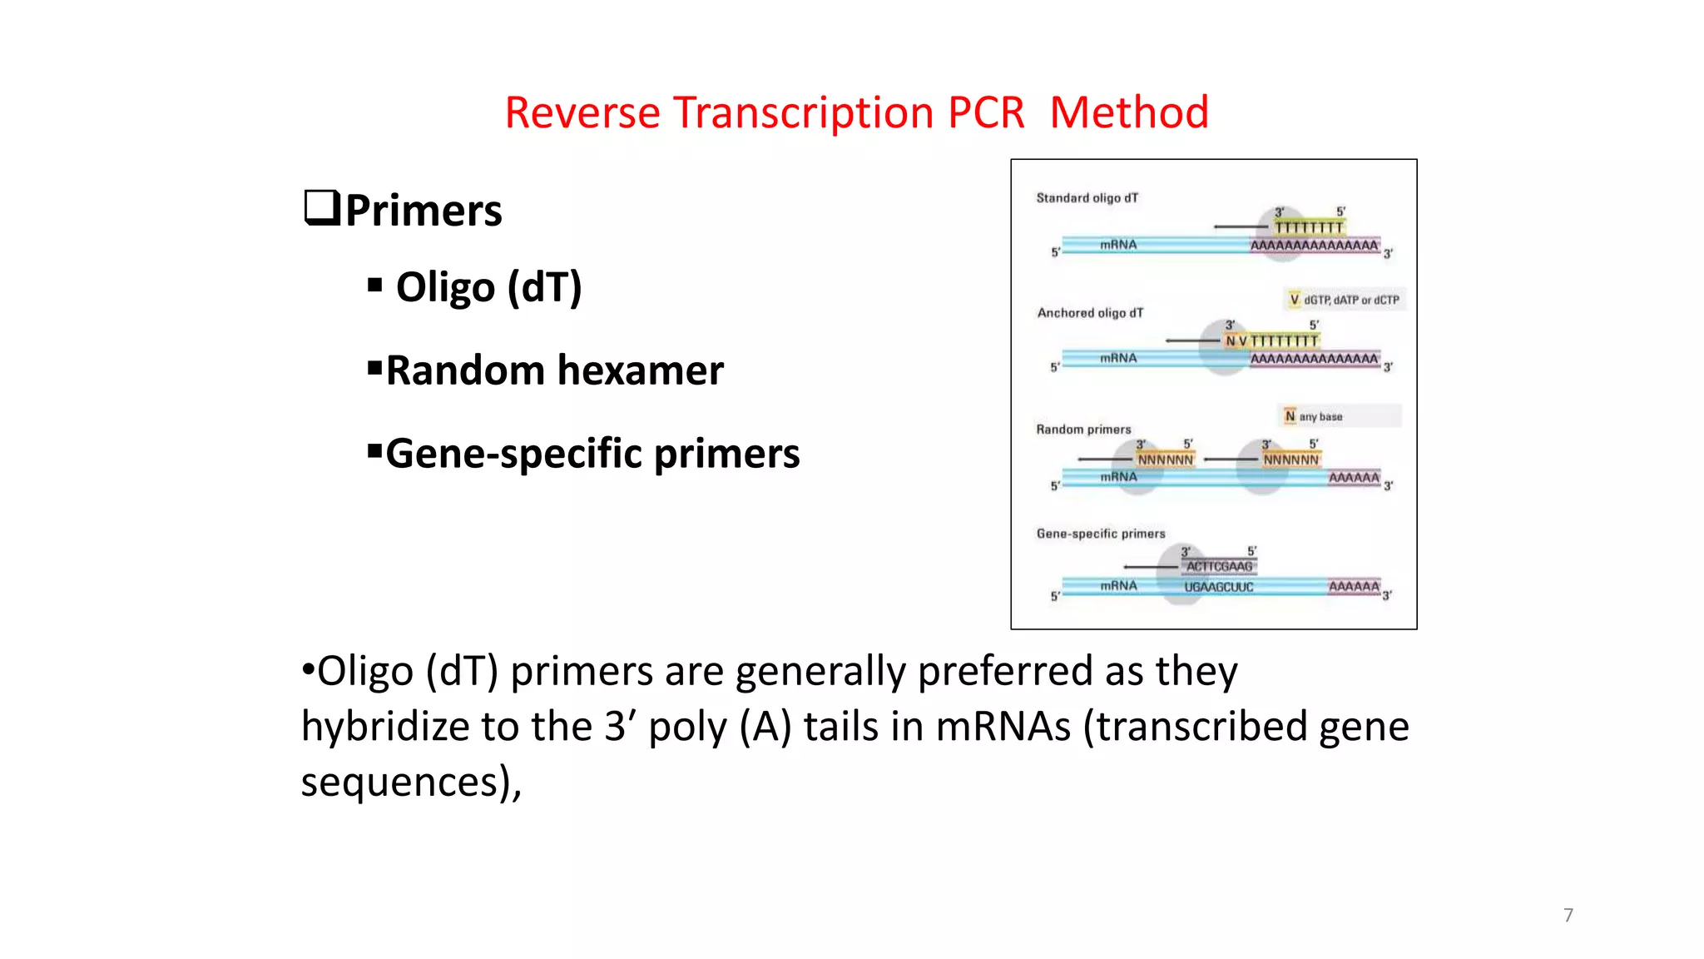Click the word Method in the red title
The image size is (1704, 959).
point(1128,112)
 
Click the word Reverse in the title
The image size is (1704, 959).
point(582,112)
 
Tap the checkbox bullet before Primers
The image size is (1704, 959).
point(322,208)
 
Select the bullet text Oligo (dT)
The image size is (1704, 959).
point(488,287)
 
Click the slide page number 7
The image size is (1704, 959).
point(1568,915)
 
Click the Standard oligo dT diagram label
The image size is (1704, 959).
point(1087,198)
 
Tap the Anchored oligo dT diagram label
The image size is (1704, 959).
point(1090,313)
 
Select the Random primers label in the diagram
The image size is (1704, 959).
point(1083,430)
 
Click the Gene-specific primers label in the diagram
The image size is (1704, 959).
point(1100,534)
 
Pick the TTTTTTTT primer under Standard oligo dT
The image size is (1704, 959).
point(1309,227)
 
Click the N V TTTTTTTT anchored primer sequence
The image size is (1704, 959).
point(1271,341)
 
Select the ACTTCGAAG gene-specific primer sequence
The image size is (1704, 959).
point(1219,567)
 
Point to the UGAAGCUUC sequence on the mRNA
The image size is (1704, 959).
point(1218,587)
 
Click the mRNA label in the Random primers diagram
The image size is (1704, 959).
point(1118,477)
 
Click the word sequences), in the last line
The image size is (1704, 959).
point(411,783)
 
